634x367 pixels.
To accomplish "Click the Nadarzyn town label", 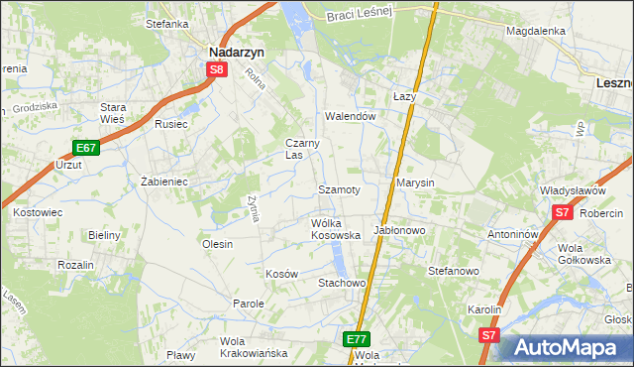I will (234, 53).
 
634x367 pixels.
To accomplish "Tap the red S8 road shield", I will (217, 70).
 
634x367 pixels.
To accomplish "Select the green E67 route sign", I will (86, 148).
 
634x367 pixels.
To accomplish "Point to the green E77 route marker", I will (358, 339).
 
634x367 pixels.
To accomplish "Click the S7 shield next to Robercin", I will (562, 212).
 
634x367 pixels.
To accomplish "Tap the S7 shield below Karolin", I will (488, 336).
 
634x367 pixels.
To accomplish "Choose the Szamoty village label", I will (338, 187).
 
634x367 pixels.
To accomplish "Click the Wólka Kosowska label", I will (335, 229).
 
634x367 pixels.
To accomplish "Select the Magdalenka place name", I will (535, 31).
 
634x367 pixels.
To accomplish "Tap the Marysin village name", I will (416, 183).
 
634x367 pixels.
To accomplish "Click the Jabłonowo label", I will (399, 229).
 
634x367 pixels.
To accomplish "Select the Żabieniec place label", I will (164, 182).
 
